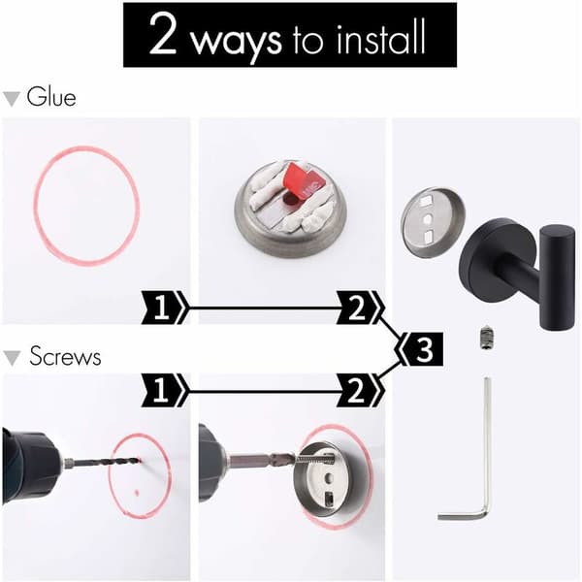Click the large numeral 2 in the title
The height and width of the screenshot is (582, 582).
tap(163, 34)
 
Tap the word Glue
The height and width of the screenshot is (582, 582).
tap(51, 96)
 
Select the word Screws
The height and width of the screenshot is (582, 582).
tap(65, 356)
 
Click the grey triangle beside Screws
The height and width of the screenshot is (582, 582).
tap(11, 358)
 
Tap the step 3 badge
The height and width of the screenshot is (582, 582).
tap(422, 349)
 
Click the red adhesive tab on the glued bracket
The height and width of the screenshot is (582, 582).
tap(306, 179)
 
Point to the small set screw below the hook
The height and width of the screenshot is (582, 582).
tap(486, 338)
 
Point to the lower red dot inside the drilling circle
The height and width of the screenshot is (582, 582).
tap(137, 493)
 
